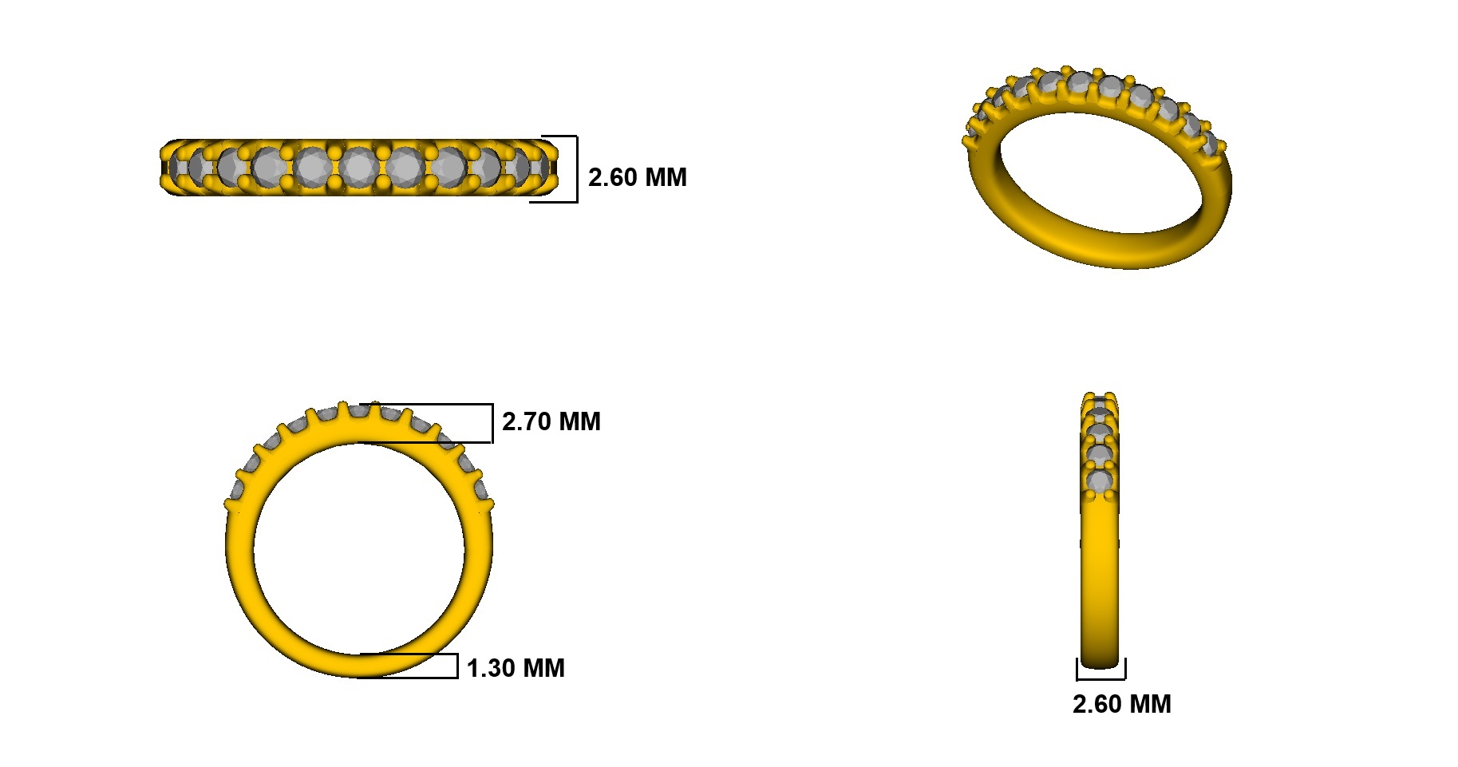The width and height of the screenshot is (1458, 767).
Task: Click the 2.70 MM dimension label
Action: pyautogui.click(x=551, y=421)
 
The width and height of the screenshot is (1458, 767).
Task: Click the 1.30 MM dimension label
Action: pyautogui.click(x=515, y=668)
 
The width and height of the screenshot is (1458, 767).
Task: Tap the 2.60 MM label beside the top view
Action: pyautogui.click(x=637, y=177)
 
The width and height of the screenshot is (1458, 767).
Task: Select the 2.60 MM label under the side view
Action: pyautogui.click(x=1121, y=704)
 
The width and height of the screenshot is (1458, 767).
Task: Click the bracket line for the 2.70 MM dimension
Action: pyautogui.click(x=492, y=423)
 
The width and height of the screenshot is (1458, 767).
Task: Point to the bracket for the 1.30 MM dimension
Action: pyautogui.click(x=456, y=666)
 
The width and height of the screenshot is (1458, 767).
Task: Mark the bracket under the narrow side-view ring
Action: pyautogui.click(x=1100, y=679)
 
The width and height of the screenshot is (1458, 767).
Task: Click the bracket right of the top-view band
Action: pyautogui.click(x=575, y=169)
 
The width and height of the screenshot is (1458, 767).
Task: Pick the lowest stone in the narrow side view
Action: pyautogui.click(x=1100, y=482)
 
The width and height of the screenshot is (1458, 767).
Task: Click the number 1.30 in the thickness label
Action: pyautogui.click(x=489, y=668)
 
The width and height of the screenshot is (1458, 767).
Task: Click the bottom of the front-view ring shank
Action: pyautogui.click(x=359, y=666)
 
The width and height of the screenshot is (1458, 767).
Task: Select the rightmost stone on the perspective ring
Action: pyautogui.click(x=1210, y=144)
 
